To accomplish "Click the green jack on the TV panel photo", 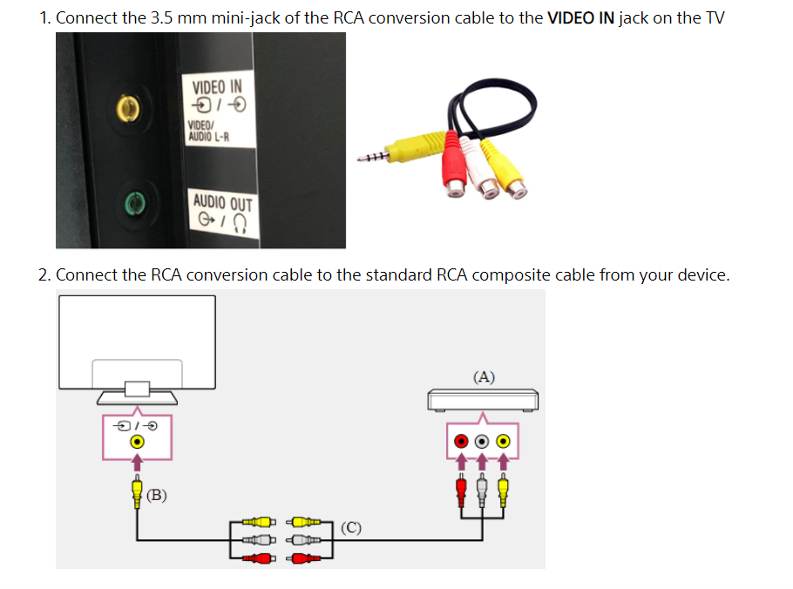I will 132,204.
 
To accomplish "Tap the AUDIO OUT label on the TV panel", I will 222,204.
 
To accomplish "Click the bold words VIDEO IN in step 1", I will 581,18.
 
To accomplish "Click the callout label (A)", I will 484,377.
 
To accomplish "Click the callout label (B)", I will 157,495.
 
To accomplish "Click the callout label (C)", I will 351,527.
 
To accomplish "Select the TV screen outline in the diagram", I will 138,342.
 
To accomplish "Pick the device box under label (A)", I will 484,399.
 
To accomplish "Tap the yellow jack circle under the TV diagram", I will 137,442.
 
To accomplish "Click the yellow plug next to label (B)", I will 137,493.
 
